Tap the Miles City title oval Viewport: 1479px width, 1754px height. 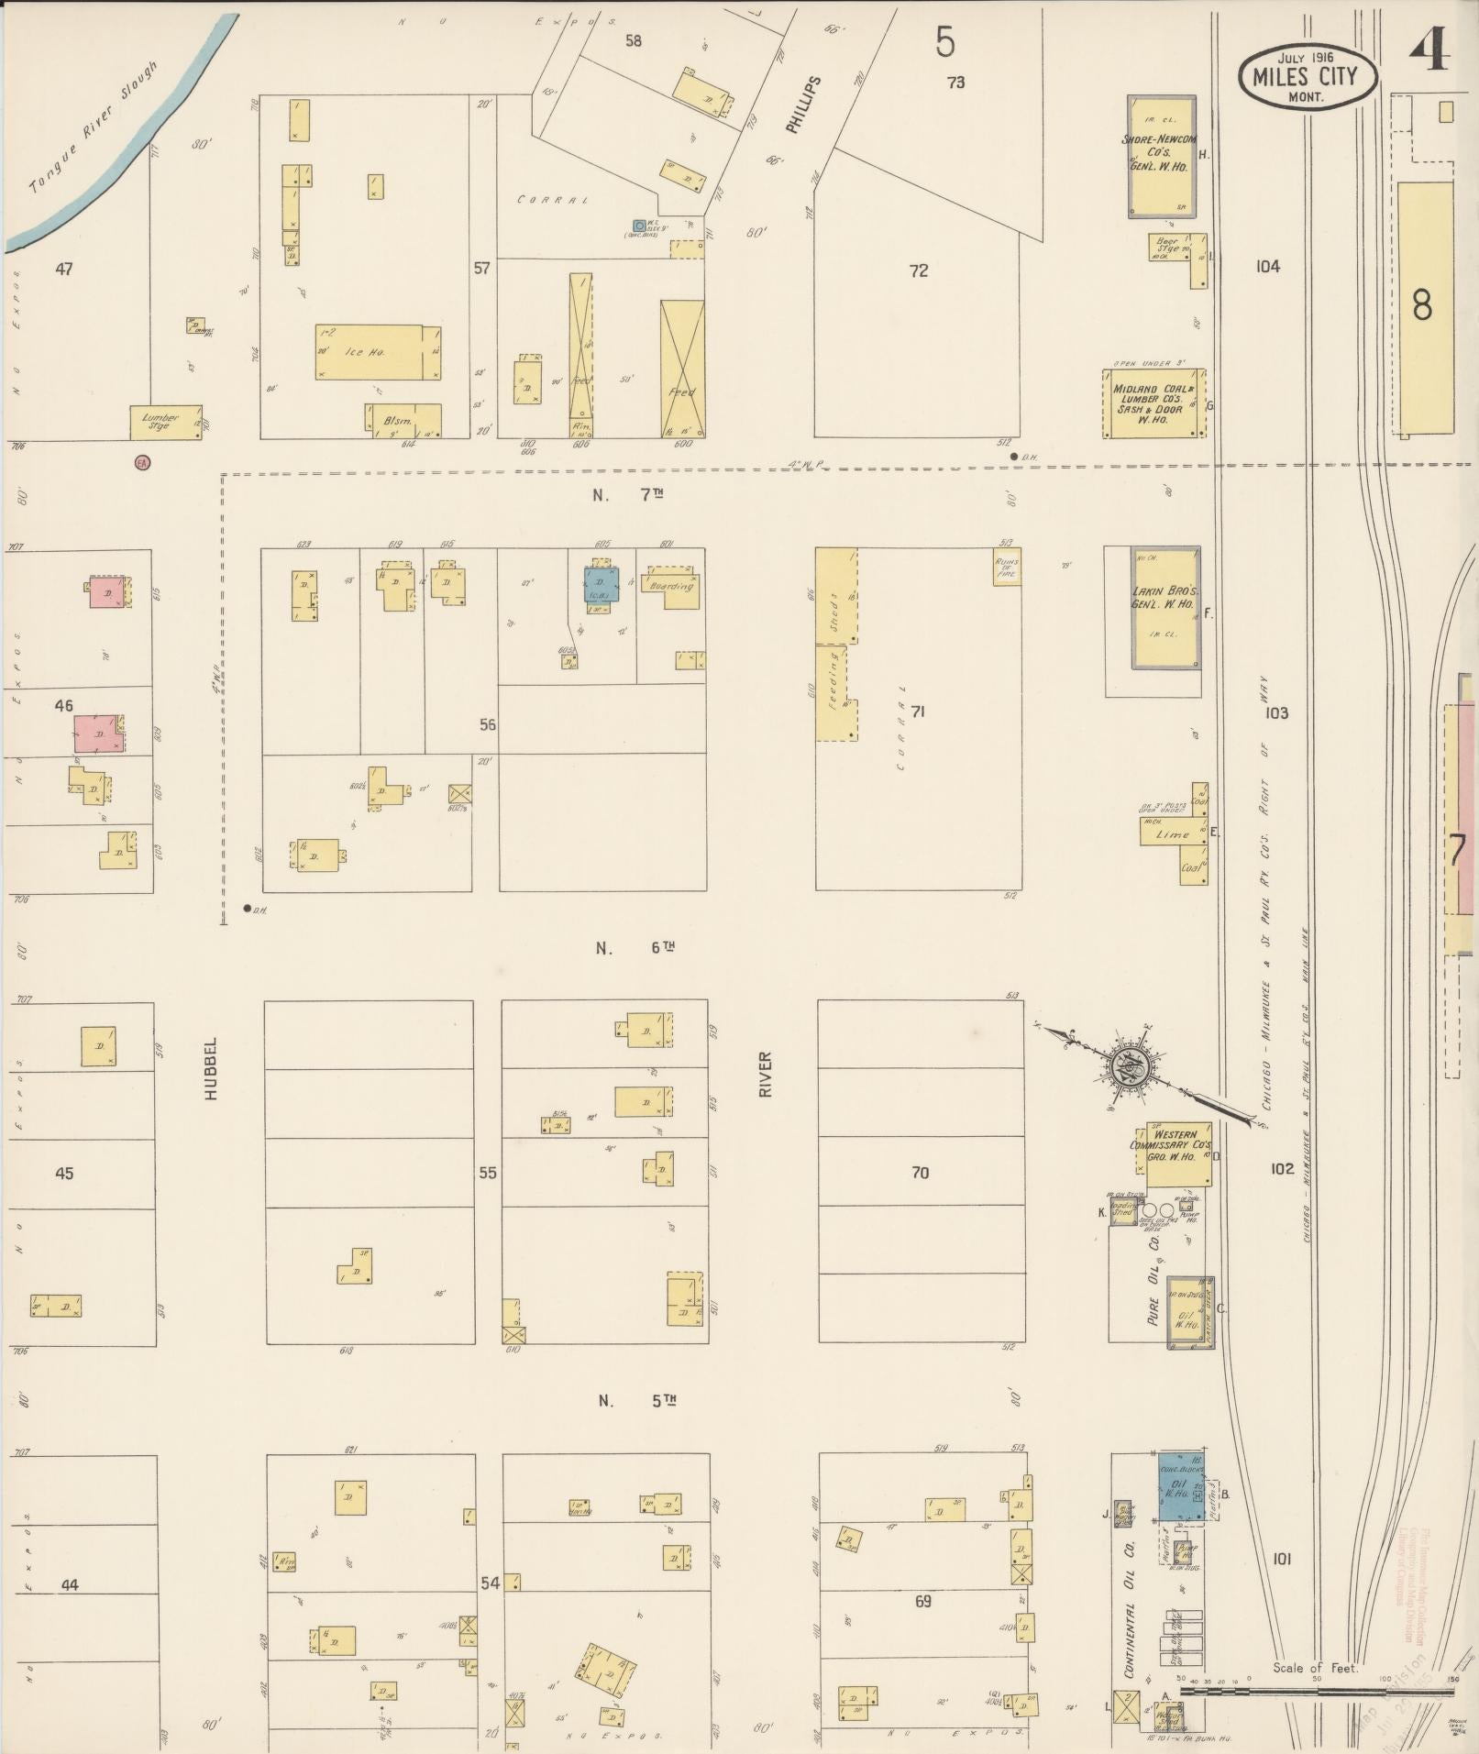coord(1308,76)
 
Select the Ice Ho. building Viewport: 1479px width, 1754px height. coord(378,351)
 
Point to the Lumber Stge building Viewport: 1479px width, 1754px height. coord(166,422)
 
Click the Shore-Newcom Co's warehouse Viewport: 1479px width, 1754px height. coord(1161,155)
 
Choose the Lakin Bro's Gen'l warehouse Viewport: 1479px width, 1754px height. coord(1164,607)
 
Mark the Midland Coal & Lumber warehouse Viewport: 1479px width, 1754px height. coord(1153,403)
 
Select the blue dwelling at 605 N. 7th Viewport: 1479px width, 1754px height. coord(602,584)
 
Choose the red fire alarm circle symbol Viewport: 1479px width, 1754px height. coord(142,463)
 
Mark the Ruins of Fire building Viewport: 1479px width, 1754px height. coord(1007,567)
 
